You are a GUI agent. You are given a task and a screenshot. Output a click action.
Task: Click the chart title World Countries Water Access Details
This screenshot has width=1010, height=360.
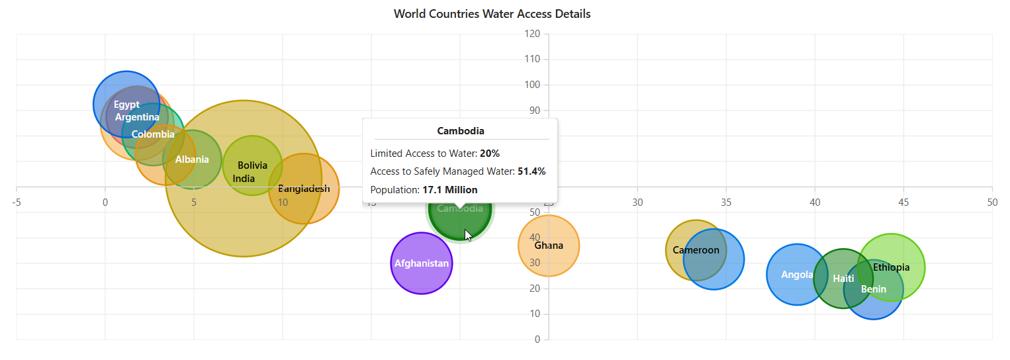click(x=492, y=14)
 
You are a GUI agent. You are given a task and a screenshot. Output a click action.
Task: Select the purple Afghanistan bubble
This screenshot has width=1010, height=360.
click(x=422, y=263)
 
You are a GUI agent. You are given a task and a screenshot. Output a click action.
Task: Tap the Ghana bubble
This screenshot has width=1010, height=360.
click(x=549, y=246)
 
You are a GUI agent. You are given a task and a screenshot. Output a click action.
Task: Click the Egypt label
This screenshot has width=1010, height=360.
click(x=126, y=105)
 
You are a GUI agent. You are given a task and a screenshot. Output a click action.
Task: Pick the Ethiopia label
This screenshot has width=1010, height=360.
click(x=891, y=267)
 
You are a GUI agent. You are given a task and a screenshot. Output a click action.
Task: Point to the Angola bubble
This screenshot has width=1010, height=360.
click(x=797, y=275)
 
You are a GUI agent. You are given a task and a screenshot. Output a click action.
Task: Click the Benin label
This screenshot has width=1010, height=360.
click(x=874, y=289)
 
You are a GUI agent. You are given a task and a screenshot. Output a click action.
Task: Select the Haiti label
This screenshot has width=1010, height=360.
click(x=843, y=279)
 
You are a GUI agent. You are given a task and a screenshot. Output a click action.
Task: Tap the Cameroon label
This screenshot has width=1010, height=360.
click(x=696, y=250)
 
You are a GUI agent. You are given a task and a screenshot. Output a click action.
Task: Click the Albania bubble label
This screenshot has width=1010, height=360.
click(x=192, y=159)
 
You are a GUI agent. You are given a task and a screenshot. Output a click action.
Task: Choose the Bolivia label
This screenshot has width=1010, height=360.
click(x=252, y=165)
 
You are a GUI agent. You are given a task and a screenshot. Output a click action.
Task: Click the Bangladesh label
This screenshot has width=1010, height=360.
click(x=304, y=189)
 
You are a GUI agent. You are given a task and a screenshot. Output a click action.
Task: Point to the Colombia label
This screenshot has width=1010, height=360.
click(x=153, y=134)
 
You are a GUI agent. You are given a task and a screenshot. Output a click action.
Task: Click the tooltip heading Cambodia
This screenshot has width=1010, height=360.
click(x=461, y=131)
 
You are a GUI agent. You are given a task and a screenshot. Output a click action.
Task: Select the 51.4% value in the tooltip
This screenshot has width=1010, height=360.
click(x=531, y=171)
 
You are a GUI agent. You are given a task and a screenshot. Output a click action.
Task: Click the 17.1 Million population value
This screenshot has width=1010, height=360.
click(x=450, y=190)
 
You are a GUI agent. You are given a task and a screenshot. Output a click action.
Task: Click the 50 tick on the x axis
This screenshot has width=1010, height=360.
click(x=991, y=202)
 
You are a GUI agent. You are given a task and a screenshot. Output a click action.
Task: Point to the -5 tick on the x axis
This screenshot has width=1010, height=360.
click(x=16, y=202)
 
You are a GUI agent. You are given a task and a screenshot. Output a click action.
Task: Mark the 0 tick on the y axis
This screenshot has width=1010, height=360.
click(x=537, y=339)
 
